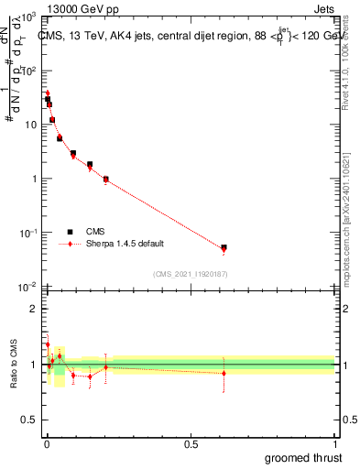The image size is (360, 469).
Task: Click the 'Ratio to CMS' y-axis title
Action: [12, 365]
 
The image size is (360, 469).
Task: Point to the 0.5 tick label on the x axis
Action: [191, 444]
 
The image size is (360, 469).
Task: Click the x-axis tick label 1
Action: [334, 444]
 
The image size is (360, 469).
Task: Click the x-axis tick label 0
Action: [47, 444]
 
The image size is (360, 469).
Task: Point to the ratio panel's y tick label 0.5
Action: [30, 421]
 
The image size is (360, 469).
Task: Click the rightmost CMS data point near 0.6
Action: [224, 247]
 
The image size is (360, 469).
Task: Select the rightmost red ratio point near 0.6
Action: [224, 373]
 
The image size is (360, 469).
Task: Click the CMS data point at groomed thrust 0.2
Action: [106, 180]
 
